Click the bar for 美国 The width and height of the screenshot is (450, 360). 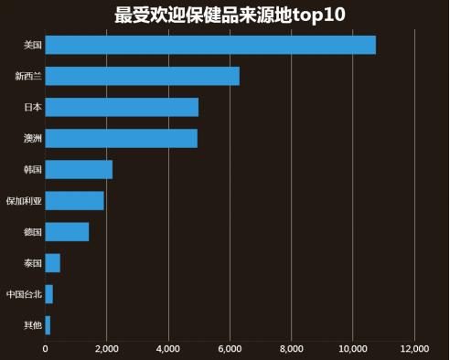(x=209, y=45)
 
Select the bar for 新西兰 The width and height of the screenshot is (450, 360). (x=142, y=76)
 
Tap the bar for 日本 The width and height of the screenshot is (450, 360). (x=122, y=107)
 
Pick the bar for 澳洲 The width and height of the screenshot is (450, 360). (x=121, y=138)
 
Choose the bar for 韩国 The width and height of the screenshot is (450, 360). (x=79, y=169)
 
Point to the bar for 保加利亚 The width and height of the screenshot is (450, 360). (x=74, y=200)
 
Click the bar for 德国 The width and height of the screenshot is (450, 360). (x=67, y=231)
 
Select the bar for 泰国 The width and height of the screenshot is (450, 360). (x=52, y=263)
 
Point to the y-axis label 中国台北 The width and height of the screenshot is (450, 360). (x=23, y=294)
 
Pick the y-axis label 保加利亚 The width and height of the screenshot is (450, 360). (x=23, y=200)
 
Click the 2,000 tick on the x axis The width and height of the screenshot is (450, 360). (x=106, y=348)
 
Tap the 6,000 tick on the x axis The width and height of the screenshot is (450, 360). (x=230, y=348)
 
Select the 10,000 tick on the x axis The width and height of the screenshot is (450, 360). (x=353, y=348)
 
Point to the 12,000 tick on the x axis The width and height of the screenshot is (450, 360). (x=414, y=348)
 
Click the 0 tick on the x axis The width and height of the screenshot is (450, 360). (x=45, y=348)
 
